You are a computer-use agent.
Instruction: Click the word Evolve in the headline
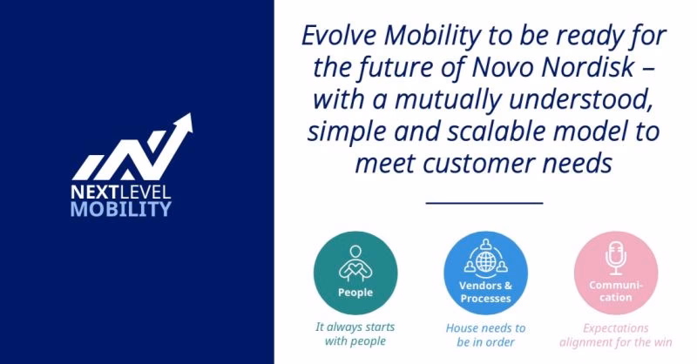(x=337, y=37)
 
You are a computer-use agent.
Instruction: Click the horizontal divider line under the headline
(x=484, y=201)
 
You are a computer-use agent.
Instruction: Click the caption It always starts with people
(x=355, y=334)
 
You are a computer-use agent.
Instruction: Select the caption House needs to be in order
(x=485, y=334)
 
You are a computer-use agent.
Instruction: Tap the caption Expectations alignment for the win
(x=616, y=334)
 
